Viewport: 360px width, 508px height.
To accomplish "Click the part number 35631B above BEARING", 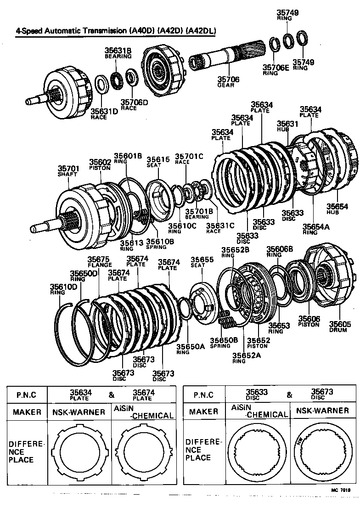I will click(118, 51).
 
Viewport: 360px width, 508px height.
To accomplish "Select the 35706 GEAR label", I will click(228, 81).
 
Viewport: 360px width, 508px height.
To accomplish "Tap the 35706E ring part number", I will click(276, 68).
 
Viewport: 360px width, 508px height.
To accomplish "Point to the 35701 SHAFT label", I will click(68, 171).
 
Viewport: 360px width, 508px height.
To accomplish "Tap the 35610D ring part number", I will click(61, 289).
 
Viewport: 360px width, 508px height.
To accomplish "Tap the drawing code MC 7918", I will click(341, 490).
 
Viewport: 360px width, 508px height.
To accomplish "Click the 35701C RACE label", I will click(189, 158).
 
